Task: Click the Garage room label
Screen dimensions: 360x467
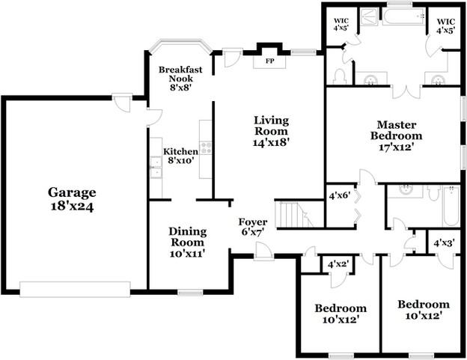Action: coord(73,198)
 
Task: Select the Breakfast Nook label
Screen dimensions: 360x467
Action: coord(180,77)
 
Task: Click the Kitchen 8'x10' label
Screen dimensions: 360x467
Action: coord(180,156)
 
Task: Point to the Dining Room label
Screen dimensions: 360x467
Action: coord(186,242)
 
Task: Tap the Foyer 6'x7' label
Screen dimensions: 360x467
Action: coord(253,228)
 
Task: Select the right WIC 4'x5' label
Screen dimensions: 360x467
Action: coord(446,25)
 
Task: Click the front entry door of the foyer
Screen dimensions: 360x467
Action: coord(262,251)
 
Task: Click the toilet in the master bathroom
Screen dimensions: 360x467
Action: coord(339,76)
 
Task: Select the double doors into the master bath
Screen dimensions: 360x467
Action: coord(405,91)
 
